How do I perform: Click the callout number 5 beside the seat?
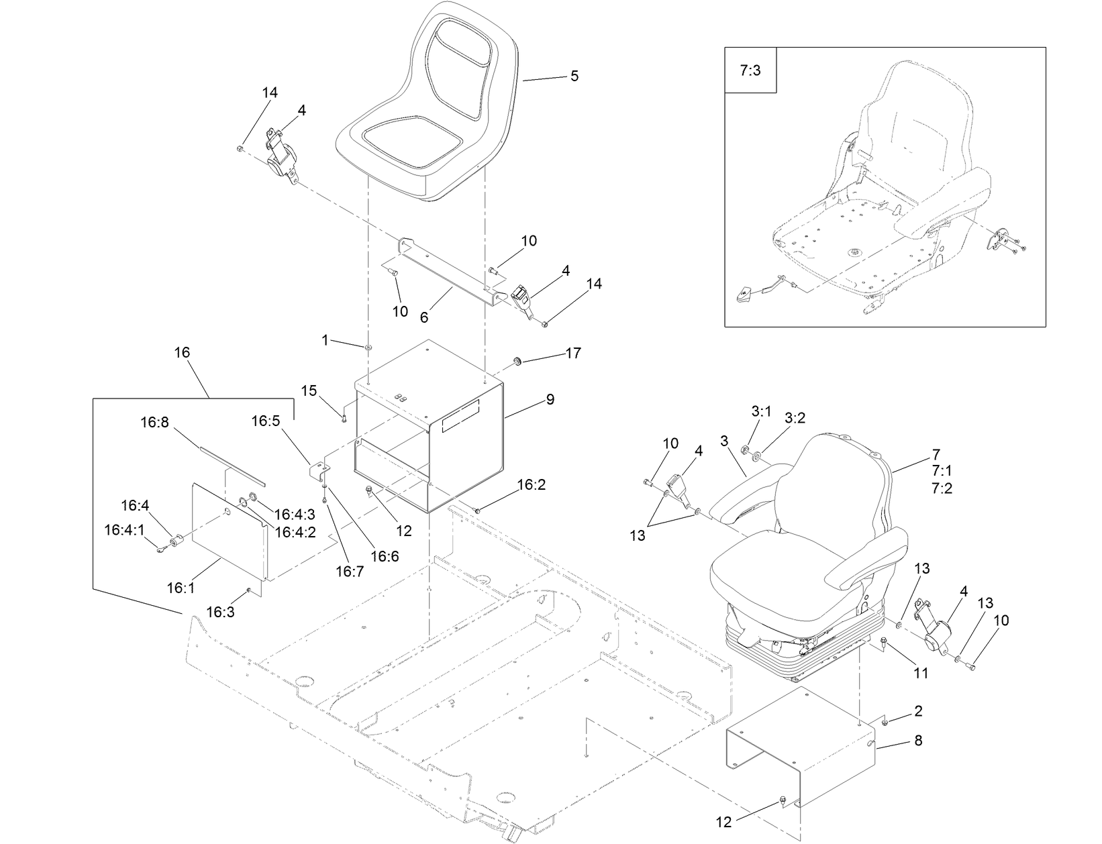[574, 76]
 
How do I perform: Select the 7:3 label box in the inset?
[750, 70]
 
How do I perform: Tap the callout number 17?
[573, 353]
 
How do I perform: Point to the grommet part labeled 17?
[518, 362]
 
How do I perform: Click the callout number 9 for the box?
[550, 400]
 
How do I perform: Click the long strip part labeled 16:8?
[232, 462]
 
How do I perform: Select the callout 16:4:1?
[124, 530]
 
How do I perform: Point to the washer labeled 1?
[368, 348]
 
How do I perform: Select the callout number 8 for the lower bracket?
[918, 741]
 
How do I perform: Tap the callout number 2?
[918, 711]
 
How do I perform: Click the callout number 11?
[921, 673]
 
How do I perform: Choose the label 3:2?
[795, 418]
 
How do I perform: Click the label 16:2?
[532, 484]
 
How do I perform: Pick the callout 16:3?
[220, 612]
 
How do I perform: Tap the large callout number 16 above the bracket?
[182, 352]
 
